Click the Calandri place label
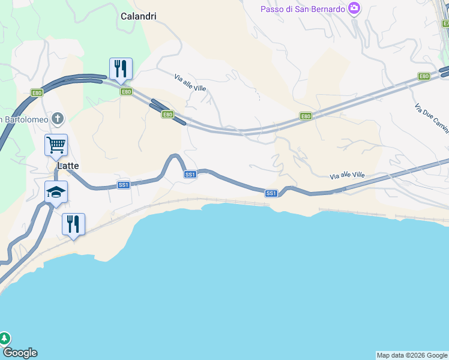point(138,16)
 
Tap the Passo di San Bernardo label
point(303,9)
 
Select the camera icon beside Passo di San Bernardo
point(354,8)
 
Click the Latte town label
point(68,166)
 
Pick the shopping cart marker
point(56,144)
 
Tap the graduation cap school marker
point(56,192)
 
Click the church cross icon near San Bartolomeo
point(57,118)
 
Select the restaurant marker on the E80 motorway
point(121,69)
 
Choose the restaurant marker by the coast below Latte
point(73,224)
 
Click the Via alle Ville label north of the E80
point(190,83)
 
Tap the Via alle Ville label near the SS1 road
point(347,176)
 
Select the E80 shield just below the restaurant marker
point(126,92)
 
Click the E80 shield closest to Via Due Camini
point(424,76)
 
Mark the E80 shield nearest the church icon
point(37,93)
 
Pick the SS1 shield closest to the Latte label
point(124,185)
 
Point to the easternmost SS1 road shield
point(271,193)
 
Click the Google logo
point(20,353)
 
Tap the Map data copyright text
point(412,355)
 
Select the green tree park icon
point(4,338)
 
